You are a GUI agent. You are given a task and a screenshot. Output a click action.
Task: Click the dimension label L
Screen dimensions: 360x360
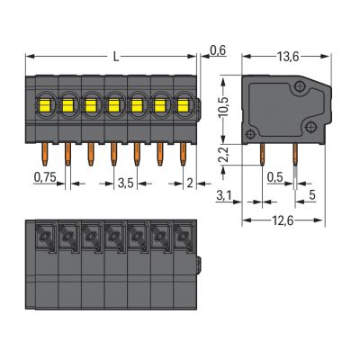click(116, 57)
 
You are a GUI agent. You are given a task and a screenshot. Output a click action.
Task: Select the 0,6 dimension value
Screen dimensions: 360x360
click(218, 50)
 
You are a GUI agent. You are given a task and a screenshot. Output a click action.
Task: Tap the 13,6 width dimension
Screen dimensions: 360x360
click(288, 57)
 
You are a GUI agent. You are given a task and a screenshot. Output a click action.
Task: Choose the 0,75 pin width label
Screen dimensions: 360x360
click(45, 177)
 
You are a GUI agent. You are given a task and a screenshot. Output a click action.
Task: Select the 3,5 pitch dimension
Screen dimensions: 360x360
click(125, 184)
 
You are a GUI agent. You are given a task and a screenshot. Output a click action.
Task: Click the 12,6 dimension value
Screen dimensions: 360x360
click(282, 221)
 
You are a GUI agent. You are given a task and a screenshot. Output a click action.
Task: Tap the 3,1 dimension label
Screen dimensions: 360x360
click(223, 196)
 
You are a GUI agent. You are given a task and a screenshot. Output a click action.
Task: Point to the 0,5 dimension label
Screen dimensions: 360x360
click(275, 177)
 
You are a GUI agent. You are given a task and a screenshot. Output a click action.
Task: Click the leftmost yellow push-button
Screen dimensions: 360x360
click(45, 106)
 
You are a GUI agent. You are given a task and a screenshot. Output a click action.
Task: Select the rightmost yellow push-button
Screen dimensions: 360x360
click(183, 106)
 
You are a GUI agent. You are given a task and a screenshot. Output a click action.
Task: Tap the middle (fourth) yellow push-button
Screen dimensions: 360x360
click(113, 106)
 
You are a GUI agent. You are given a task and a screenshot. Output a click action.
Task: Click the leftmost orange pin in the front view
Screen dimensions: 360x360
click(45, 154)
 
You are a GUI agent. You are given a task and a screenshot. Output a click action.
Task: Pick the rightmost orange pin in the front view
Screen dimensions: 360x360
click(183, 154)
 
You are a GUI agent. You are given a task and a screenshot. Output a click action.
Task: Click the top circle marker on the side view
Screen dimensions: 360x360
click(300, 86)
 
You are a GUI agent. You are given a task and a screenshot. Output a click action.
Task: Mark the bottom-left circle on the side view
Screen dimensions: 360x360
click(250, 135)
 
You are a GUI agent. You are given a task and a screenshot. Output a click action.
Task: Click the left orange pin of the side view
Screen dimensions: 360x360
click(262, 154)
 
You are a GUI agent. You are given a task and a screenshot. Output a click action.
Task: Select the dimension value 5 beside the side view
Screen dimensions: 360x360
click(312, 195)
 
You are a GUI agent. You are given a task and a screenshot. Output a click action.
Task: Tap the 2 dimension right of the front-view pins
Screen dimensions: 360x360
click(190, 184)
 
